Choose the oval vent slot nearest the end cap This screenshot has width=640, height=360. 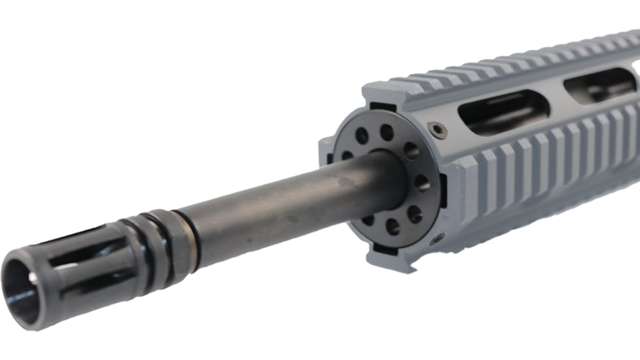[x=503, y=111]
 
